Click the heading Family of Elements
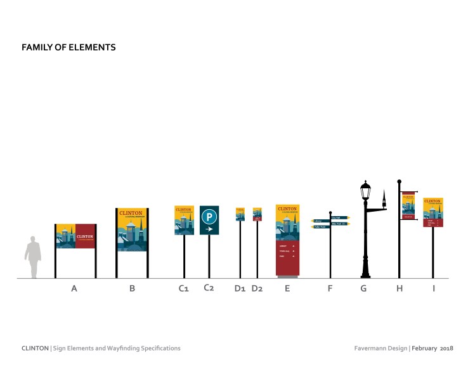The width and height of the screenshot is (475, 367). pyautogui.click(x=68, y=48)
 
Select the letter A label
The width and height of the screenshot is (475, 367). pyautogui.click(x=74, y=289)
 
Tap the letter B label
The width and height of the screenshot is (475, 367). pyautogui.click(x=132, y=289)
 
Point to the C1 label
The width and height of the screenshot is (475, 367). pyautogui.click(x=184, y=289)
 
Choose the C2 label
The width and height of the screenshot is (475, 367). pyautogui.click(x=209, y=288)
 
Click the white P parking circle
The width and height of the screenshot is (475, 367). pyautogui.click(x=209, y=216)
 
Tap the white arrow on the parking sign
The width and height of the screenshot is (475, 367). pyautogui.click(x=209, y=229)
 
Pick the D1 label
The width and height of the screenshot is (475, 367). pyautogui.click(x=240, y=289)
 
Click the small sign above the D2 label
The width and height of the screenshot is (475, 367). pyautogui.click(x=257, y=214)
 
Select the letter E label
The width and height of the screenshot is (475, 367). pyautogui.click(x=287, y=289)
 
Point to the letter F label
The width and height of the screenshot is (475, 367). pyautogui.click(x=330, y=289)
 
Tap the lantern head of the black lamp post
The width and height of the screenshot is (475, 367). pyautogui.click(x=365, y=190)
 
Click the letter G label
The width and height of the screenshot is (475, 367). pyautogui.click(x=363, y=289)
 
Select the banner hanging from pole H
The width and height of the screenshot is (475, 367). pyautogui.click(x=408, y=205)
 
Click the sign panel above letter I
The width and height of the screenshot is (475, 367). pyautogui.click(x=433, y=212)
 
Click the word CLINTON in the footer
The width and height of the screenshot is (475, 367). pyautogui.click(x=35, y=348)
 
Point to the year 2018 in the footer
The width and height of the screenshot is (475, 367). pyautogui.click(x=446, y=348)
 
